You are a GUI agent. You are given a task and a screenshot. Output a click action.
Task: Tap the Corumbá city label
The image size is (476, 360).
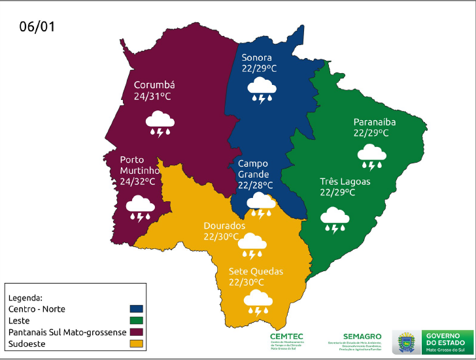pyautogui.click(x=154, y=85)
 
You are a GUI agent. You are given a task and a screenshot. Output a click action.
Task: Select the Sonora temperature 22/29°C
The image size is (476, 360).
pyautogui.click(x=259, y=68)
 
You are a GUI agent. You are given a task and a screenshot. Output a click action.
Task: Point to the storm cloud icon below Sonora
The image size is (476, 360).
pyautogui.click(x=262, y=90)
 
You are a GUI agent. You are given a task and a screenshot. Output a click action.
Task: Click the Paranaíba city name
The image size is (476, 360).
pyautogui.click(x=375, y=122)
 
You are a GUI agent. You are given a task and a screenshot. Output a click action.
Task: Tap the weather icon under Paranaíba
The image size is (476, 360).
pyautogui.click(x=371, y=155)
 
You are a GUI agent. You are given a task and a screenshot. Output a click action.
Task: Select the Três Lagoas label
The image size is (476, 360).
pyautogui.click(x=345, y=181)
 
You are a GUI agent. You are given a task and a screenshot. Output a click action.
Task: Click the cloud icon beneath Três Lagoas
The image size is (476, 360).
pyautogui.click(x=335, y=220)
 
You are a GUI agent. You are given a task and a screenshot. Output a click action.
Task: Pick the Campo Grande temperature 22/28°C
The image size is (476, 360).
pyautogui.click(x=255, y=186)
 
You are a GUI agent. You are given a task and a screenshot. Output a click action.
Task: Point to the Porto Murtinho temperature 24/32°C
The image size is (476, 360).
pyautogui.click(x=138, y=181)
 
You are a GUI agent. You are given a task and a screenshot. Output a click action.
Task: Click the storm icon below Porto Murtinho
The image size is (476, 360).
pyautogui.click(x=140, y=208)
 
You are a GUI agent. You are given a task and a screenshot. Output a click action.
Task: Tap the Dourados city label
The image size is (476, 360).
pyautogui.click(x=224, y=225)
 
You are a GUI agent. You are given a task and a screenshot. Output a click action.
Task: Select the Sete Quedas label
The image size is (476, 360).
pyautogui.click(x=256, y=270)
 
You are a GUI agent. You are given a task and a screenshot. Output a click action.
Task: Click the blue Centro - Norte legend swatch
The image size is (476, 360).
pyautogui.click(x=137, y=308)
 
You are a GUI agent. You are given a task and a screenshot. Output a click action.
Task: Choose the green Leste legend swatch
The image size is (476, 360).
pyautogui.click(x=137, y=319)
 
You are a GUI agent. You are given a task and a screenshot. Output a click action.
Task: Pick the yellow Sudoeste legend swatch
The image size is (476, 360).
pyautogui.click(x=137, y=343)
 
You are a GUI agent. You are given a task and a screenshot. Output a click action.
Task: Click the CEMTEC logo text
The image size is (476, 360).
pyautogui.click(x=286, y=336)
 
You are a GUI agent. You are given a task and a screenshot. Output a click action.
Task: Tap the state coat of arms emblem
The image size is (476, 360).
pyautogui.click(x=406, y=342)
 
